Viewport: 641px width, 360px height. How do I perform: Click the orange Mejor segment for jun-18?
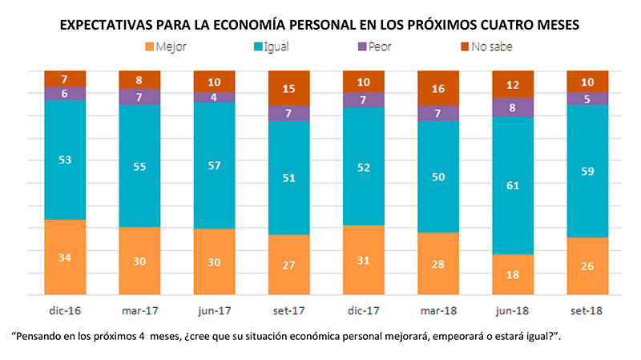coord(514,275)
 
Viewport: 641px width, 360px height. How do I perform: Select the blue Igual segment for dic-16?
coord(65,160)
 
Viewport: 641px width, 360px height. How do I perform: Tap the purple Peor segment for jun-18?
coord(514,107)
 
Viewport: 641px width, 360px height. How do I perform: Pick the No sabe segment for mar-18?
coord(438,88)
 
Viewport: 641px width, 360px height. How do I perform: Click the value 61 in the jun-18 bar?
coord(514,186)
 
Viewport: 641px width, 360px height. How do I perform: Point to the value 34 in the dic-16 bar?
coord(65,257)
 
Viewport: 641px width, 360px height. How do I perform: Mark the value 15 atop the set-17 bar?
coord(289,88)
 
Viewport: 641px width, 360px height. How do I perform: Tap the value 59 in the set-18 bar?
coord(588,171)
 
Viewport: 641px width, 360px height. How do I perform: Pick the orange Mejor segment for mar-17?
coord(139,261)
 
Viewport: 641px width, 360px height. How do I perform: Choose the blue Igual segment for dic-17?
coord(364,166)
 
